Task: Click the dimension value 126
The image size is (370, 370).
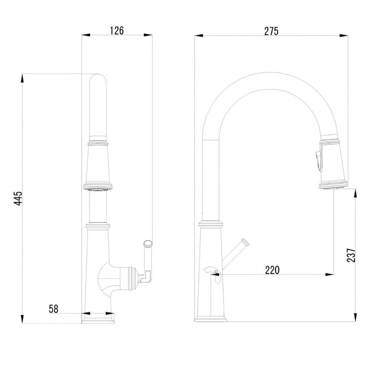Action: click(117, 31)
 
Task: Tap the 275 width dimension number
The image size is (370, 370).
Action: click(271, 31)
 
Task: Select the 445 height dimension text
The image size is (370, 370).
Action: click(18, 198)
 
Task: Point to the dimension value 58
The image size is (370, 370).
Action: click(54, 309)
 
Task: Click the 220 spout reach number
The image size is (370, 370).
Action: click(272, 270)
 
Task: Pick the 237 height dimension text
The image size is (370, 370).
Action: click(351, 255)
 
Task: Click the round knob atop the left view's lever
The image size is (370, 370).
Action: click(148, 243)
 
